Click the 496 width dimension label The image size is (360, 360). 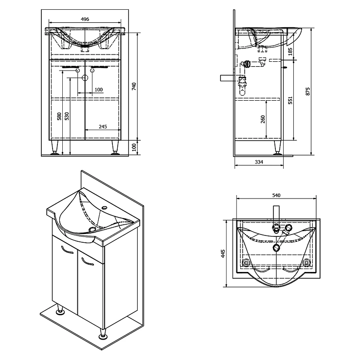[85, 19]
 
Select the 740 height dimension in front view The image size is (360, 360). [134, 86]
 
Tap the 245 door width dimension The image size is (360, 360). [103, 126]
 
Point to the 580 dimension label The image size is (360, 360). [59, 116]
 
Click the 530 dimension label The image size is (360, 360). [67, 116]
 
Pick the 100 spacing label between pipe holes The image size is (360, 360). [99, 90]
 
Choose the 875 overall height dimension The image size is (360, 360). [308, 91]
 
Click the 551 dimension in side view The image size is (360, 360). [290, 100]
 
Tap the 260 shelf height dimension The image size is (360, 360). [263, 119]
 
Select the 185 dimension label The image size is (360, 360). [290, 52]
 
